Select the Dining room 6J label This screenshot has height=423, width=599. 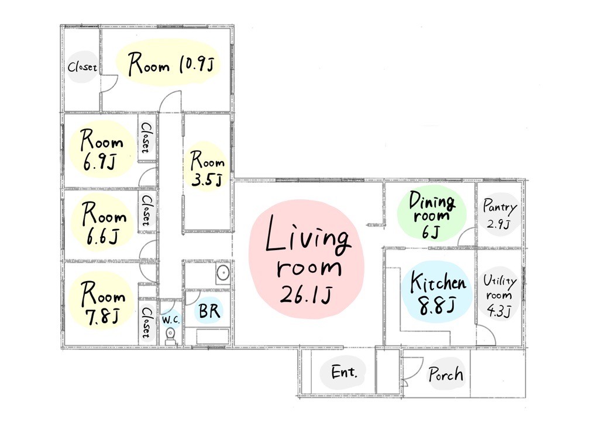tap(432, 215)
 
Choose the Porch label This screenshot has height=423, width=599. tap(445, 374)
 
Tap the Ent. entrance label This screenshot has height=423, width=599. tap(344, 372)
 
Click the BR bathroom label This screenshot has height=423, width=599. tap(209, 310)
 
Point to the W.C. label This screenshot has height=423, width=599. tap(170, 320)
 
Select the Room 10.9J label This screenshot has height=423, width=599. tap(170, 64)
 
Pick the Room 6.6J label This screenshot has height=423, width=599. tap(103, 223)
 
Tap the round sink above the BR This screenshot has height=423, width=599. tap(223, 273)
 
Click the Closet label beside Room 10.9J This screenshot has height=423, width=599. tap(82, 68)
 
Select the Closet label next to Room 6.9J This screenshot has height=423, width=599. tap(146, 138)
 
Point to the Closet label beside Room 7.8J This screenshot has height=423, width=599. tap(146, 323)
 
